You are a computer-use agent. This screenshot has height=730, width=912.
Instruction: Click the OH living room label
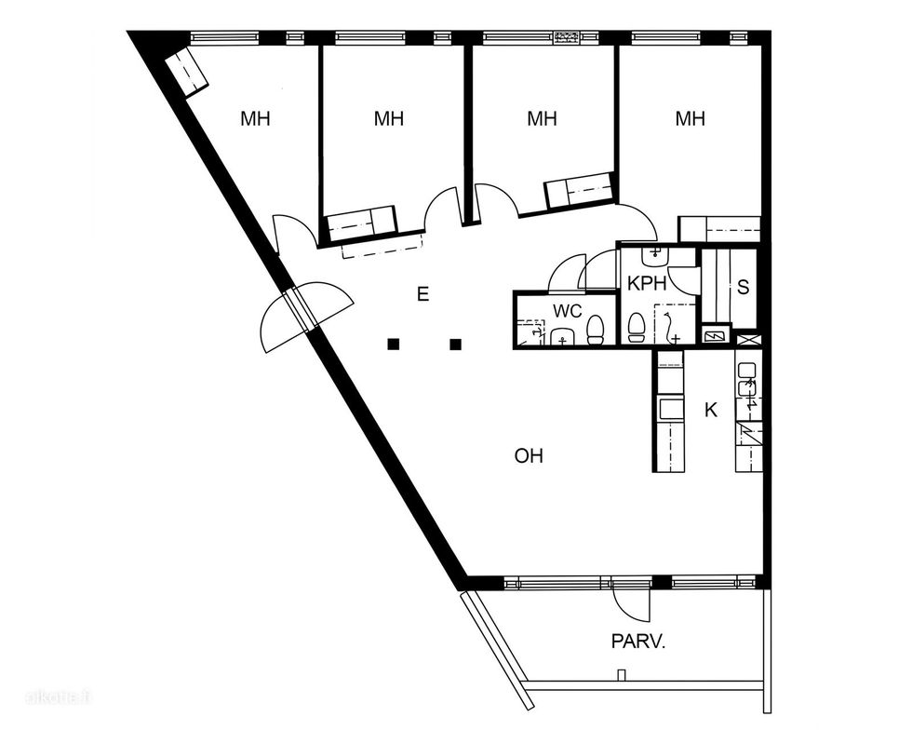[x=529, y=456]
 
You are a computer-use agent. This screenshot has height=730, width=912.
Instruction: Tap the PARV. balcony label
[x=637, y=642]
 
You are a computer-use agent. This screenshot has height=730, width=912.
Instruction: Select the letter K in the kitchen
[x=711, y=410]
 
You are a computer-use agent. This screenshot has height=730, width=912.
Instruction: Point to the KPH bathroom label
[x=647, y=283]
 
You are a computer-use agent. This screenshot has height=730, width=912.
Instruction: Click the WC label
[x=567, y=311]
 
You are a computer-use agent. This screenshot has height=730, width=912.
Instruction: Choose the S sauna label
[x=743, y=287]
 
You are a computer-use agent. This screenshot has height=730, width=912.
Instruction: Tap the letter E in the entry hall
[x=422, y=294]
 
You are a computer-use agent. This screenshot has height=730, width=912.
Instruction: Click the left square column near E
[x=394, y=344]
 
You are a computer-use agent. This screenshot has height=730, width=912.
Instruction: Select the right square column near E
[x=456, y=344]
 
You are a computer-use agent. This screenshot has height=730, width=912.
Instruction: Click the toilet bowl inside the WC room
[x=595, y=330]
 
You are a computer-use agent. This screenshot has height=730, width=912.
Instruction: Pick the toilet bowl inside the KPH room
[x=637, y=328]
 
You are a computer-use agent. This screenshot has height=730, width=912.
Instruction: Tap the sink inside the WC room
[x=562, y=336]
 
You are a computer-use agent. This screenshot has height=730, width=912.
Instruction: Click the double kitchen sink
[x=746, y=378]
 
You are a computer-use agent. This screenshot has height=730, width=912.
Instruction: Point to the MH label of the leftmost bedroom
[x=255, y=119]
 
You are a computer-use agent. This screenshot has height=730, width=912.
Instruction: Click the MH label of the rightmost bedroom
[x=690, y=119]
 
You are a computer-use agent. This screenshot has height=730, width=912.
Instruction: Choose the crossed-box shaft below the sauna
[x=746, y=339]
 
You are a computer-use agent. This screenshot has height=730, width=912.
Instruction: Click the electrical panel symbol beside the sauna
[x=714, y=336]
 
